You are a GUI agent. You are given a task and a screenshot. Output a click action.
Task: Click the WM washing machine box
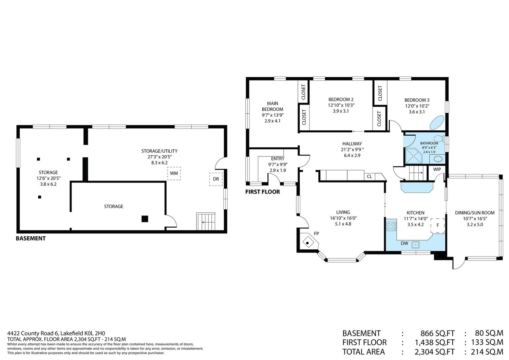click(x=174, y=173)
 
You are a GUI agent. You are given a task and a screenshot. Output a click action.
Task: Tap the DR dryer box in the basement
click(x=216, y=179)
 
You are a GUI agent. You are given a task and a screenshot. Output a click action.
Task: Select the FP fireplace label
click(x=316, y=233)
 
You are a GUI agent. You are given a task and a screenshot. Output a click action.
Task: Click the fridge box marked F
click(x=438, y=225)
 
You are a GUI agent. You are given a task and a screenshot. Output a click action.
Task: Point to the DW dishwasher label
click(x=404, y=243)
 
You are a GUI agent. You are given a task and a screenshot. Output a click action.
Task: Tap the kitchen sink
click(x=416, y=245)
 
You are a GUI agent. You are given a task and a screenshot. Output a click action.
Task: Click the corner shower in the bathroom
click(x=414, y=156)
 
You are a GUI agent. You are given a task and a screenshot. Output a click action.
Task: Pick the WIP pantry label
click(x=437, y=169)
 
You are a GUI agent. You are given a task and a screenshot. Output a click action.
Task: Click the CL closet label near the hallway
click(x=370, y=176)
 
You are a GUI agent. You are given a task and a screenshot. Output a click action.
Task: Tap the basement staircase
click(x=206, y=221)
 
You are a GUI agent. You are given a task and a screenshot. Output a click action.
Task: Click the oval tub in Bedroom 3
click(x=437, y=122)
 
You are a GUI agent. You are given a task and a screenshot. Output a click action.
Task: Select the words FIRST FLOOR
click(x=262, y=192)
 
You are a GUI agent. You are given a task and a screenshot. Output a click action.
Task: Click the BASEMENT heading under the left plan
click(x=31, y=239)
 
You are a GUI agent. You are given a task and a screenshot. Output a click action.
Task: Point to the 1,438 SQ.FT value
click(x=435, y=342)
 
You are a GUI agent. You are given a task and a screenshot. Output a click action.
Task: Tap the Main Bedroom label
click(x=272, y=106)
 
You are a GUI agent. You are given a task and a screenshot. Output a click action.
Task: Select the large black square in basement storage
click(x=145, y=219)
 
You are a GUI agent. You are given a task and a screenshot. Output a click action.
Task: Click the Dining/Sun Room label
click(x=475, y=213)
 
